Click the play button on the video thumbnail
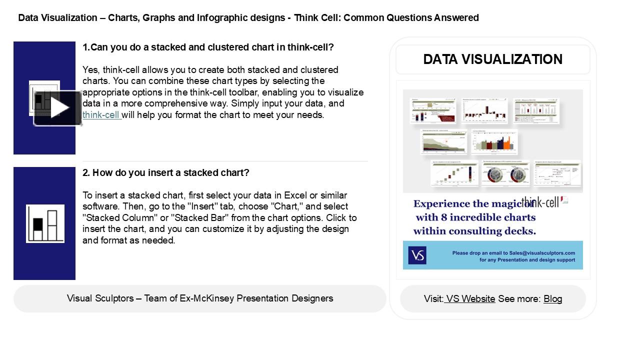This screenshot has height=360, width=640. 58,108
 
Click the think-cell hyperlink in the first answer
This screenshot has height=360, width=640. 101,115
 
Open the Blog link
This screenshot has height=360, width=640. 552,299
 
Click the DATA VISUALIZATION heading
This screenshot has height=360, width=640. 492,59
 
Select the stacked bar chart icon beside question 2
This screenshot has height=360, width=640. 45,223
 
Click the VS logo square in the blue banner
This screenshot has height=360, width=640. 417,255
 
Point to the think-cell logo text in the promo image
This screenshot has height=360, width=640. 541,202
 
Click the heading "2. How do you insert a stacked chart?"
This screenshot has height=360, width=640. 165,173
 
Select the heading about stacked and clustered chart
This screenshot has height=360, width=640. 208,47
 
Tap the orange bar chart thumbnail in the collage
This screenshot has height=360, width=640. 494,142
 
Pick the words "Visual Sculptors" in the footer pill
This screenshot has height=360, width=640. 99,298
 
